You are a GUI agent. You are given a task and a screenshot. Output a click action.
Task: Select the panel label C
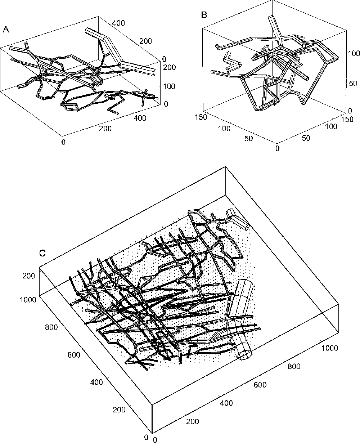(42, 253)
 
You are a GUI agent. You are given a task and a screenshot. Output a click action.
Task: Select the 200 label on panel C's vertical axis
(28, 276)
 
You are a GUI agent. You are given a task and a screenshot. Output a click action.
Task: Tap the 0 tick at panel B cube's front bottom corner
(277, 148)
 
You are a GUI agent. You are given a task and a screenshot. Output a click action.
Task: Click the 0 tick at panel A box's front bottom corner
(63, 142)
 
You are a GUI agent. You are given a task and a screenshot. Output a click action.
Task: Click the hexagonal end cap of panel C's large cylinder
(244, 354)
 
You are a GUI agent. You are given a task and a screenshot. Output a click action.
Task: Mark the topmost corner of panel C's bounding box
(226, 166)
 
